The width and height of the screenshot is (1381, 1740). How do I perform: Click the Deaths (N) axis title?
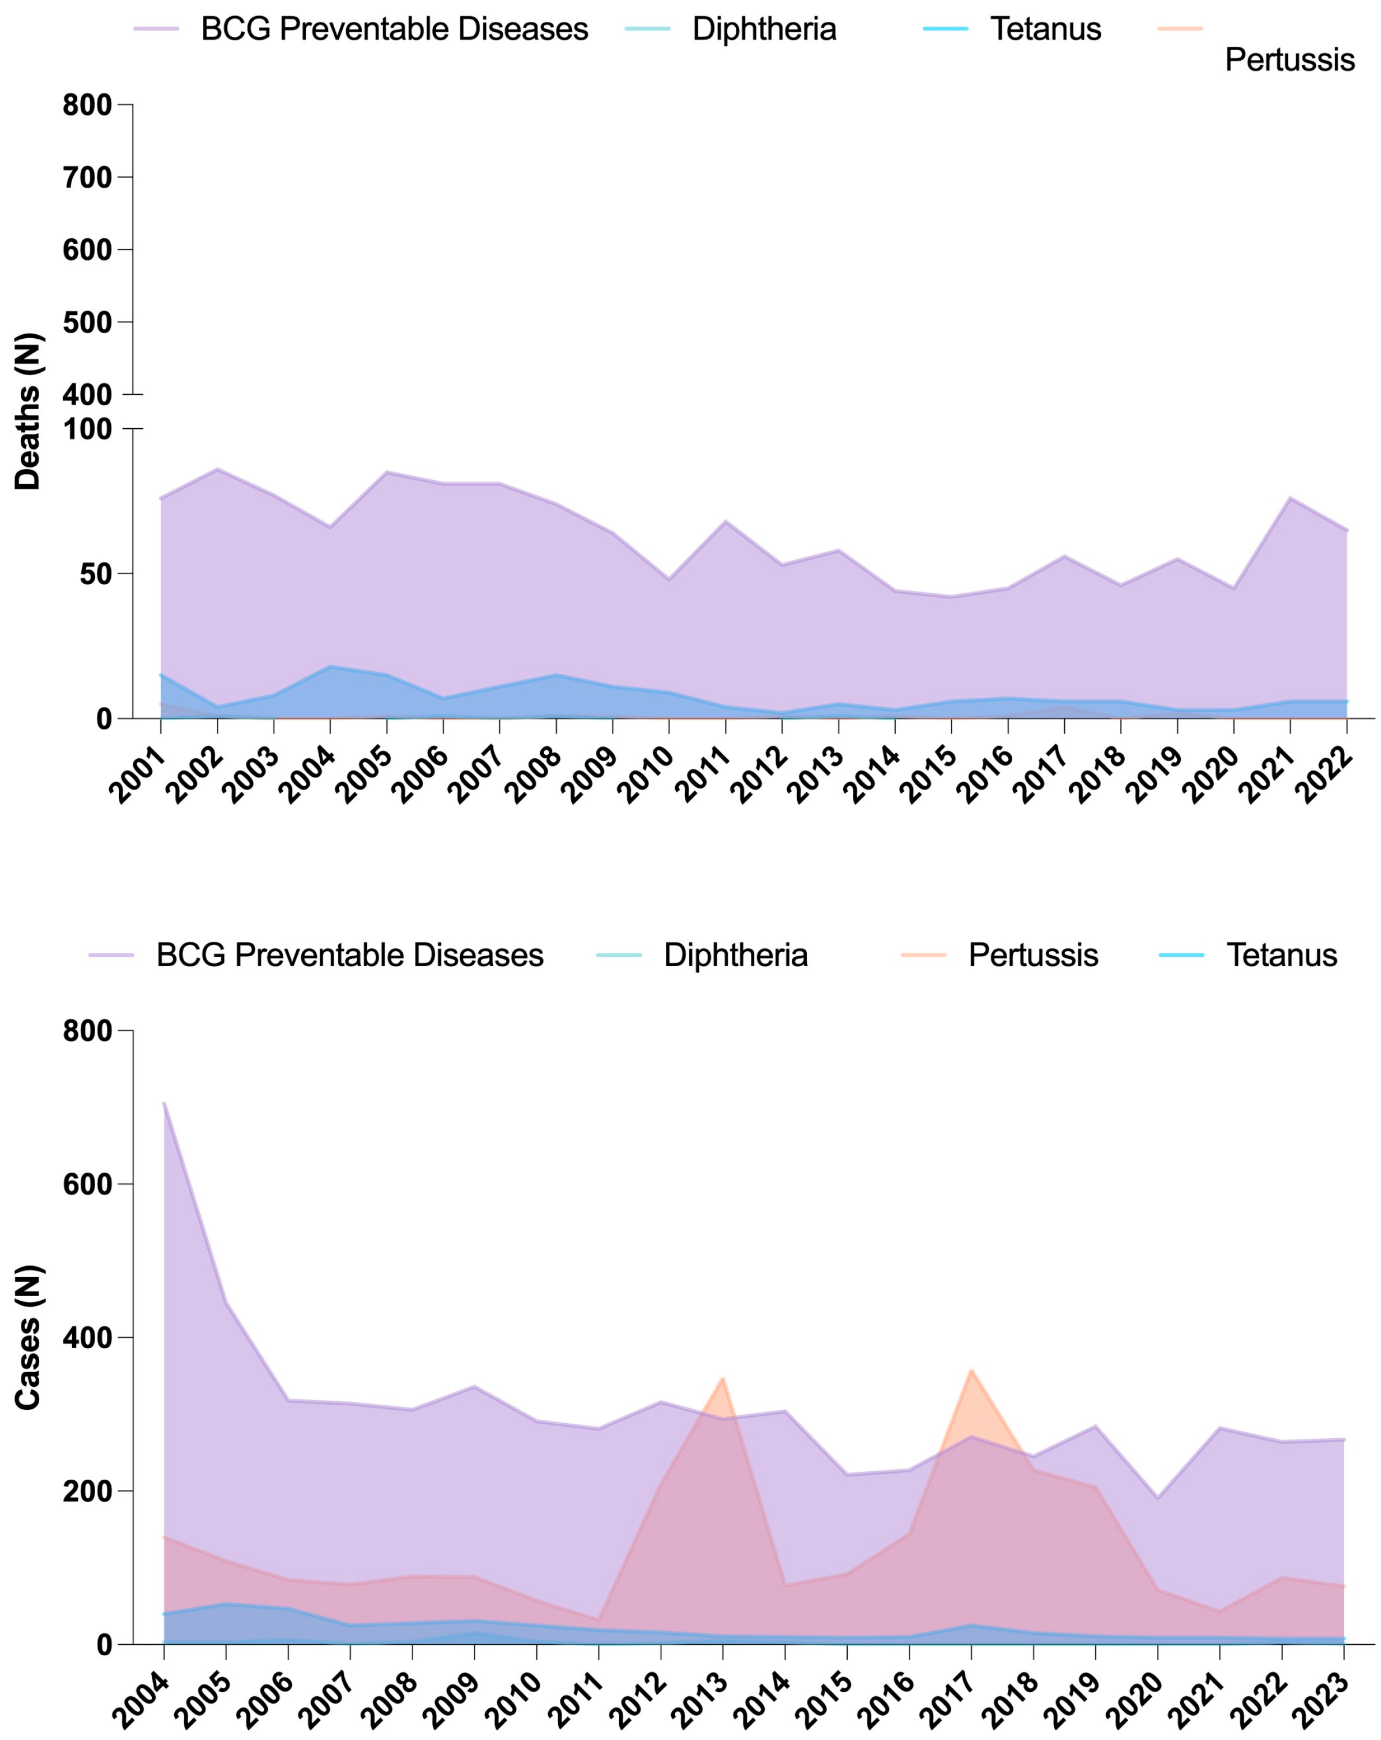(28, 411)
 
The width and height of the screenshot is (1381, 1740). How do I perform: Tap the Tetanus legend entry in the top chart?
(1045, 29)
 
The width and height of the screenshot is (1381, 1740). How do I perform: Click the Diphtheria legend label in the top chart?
(764, 29)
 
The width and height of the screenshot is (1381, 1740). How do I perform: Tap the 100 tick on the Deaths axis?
(87, 429)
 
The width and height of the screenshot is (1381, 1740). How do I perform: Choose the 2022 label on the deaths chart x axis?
(1324, 776)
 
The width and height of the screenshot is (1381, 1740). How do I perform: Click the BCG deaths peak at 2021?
(1290, 498)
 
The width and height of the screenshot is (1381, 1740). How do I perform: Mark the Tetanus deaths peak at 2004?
(330, 666)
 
